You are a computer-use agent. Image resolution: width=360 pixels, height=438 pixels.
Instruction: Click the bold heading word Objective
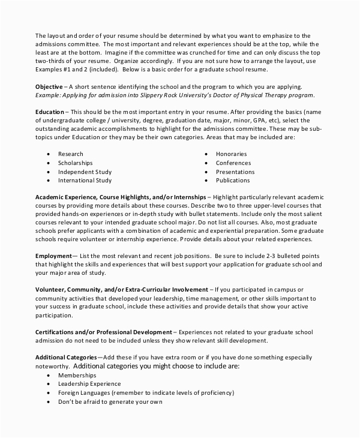49,87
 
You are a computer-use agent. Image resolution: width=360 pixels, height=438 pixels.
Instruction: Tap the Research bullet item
70,154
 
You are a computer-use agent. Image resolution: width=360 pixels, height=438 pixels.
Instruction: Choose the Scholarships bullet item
75,163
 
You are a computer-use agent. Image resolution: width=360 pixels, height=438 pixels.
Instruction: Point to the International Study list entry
85,180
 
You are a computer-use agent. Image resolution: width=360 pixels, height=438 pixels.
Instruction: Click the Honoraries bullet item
231,154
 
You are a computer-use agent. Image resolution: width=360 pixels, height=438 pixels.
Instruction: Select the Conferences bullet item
233,163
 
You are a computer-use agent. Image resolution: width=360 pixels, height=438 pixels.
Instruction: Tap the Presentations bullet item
235,172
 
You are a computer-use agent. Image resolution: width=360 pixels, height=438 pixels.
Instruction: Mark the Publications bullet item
233,180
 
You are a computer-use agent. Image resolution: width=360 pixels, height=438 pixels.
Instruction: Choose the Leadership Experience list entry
89,383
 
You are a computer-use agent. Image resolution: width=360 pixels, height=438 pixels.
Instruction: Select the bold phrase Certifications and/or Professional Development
103,332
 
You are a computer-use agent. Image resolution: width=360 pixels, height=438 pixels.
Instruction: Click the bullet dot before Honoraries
206,154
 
